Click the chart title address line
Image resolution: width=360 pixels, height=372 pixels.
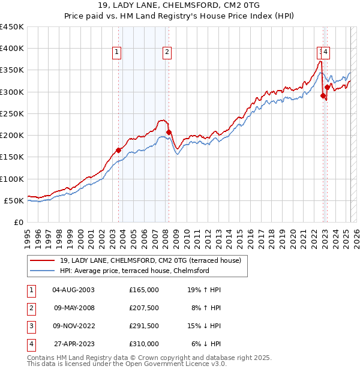click(x=180, y=6)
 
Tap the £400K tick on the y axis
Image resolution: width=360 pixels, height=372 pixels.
click(x=12, y=49)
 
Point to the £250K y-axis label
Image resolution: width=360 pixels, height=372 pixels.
click(x=12, y=113)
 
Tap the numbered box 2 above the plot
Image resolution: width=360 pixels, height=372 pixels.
click(x=166, y=52)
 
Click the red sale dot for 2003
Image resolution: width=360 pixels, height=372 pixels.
click(x=119, y=151)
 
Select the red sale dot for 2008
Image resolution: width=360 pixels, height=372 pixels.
click(x=169, y=132)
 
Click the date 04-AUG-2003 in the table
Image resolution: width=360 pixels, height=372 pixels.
click(x=73, y=290)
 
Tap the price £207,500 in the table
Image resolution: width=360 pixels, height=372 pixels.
click(x=144, y=308)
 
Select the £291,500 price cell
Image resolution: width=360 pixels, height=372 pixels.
click(x=144, y=326)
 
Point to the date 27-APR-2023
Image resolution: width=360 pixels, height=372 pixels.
click(x=73, y=344)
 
